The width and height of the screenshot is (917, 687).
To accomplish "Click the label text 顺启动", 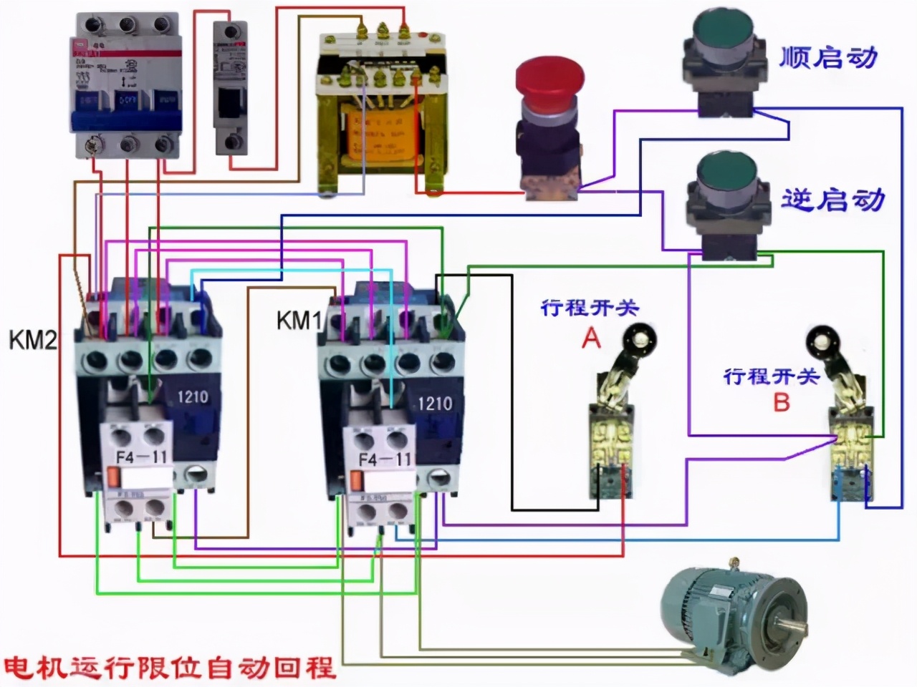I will [828, 57].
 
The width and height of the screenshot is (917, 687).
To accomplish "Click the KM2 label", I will [32, 340].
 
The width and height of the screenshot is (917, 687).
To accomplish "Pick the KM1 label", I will [299, 321].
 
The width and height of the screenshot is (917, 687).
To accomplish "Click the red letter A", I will [590, 337].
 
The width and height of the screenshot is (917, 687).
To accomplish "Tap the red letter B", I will [781, 402].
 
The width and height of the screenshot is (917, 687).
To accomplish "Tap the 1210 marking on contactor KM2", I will [192, 396].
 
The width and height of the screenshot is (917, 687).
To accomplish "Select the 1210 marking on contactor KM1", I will [434, 403].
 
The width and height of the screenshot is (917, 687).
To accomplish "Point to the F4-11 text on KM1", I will [384, 459].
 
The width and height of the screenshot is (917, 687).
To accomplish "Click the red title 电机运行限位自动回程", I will [169, 667].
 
